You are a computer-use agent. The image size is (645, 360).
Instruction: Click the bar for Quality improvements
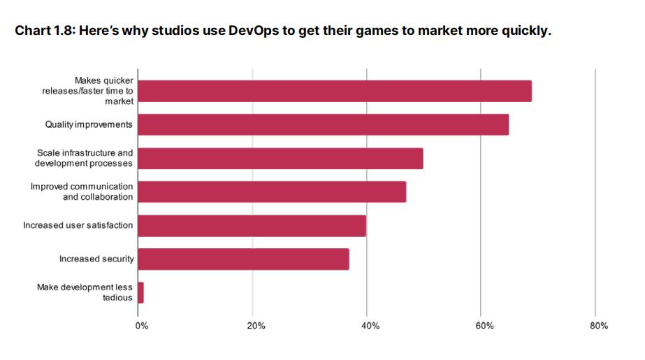(x=323, y=124)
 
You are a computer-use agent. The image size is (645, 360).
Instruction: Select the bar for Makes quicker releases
(x=335, y=91)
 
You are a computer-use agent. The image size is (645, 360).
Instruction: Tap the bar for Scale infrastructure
(x=280, y=158)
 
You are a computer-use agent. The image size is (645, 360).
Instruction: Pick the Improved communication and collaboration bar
(x=272, y=192)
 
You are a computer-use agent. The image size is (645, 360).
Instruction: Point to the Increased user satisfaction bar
(x=252, y=226)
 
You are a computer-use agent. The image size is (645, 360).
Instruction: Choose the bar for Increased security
(x=243, y=259)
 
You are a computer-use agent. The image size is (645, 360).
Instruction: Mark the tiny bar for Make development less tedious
(x=140, y=293)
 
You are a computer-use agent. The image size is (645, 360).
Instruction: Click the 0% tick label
(x=142, y=326)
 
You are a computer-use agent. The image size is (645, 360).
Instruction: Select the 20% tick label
(x=256, y=326)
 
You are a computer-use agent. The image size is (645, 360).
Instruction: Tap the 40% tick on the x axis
(x=370, y=326)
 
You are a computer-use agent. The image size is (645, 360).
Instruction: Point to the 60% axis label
(x=484, y=326)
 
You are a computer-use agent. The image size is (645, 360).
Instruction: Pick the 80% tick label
(x=599, y=326)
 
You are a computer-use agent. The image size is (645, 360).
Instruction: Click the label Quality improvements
(x=89, y=124)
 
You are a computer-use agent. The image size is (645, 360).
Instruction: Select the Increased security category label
(x=96, y=259)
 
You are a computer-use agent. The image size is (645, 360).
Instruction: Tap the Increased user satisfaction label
(x=78, y=226)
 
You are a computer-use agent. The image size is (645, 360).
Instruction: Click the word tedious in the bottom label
(x=117, y=298)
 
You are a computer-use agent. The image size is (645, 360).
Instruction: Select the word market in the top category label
(x=119, y=101)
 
